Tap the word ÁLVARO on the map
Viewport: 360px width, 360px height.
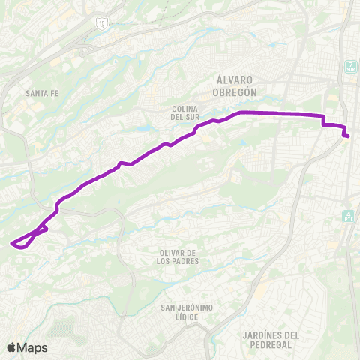(x=235, y=79)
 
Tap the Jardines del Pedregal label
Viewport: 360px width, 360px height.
(x=271, y=340)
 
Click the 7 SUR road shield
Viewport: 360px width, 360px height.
(x=350, y=66)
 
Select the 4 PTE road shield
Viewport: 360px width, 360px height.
(x=348, y=216)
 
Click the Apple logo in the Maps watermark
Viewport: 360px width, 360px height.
(x=11, y=347)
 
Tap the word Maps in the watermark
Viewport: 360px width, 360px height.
(x=32, y=347)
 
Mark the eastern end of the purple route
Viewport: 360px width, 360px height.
(x=348, y=136)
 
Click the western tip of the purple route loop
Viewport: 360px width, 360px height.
(x=11, y=243)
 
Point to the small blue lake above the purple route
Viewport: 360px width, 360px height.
(x=142, y=128)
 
